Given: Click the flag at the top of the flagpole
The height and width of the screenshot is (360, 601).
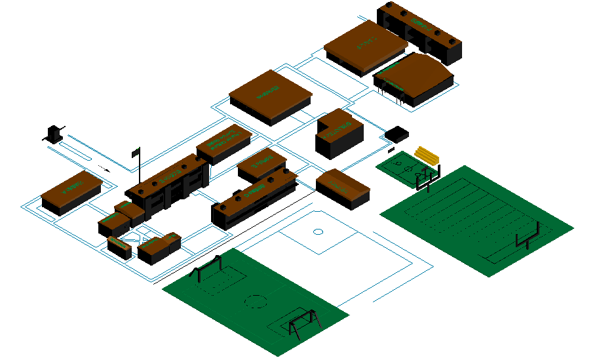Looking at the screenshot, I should click(136, 152).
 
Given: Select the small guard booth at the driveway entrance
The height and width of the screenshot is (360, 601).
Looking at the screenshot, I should click(52, 134).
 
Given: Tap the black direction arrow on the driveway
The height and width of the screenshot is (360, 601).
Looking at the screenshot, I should click(103, 169).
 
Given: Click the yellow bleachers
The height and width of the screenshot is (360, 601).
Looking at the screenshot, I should click(427, 155).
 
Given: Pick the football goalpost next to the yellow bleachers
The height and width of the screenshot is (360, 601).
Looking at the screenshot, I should click(429, 176).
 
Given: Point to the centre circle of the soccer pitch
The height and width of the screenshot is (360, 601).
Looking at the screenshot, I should click(255, 302).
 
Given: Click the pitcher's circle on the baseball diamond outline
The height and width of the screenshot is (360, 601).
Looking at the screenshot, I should click(318, 231).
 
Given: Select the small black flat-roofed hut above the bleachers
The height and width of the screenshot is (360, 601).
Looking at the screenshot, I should click(397, 134).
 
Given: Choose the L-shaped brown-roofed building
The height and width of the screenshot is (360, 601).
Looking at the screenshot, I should click(338, 133).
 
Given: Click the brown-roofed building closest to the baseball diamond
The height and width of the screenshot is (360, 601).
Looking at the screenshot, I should click(343, 188).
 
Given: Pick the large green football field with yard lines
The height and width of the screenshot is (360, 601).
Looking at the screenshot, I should click(476, 219).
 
